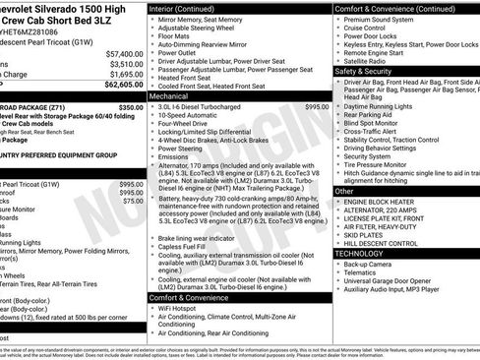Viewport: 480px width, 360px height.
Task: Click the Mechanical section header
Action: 169,97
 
